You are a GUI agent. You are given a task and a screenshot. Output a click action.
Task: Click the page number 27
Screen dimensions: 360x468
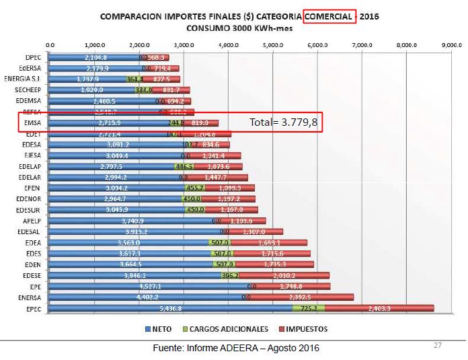(x=437, y=345)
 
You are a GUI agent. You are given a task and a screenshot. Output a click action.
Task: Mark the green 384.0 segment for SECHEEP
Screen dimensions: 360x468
(x=144, y=90)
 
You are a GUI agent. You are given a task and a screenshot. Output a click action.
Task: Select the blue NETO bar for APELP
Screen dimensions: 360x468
(x=131, y=221)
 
